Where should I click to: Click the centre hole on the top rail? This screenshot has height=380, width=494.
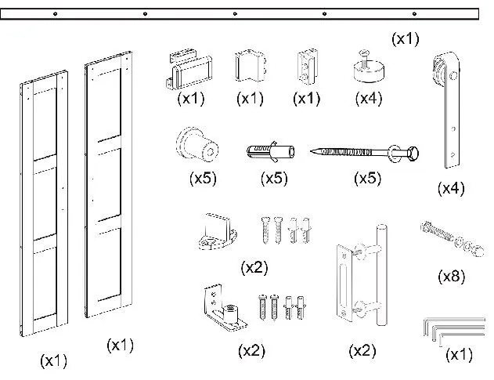click(x=236, y=13)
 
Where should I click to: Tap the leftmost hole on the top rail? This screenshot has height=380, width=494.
click(x=56, y=13)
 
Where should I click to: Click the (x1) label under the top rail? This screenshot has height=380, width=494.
click(x=405, y=38)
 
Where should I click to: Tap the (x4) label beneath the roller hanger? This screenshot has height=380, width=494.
click(x=452, y=188)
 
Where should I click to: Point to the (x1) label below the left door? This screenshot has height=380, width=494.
click(x=53, y=360)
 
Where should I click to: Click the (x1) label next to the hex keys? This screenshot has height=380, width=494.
click(x=460, y=354)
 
